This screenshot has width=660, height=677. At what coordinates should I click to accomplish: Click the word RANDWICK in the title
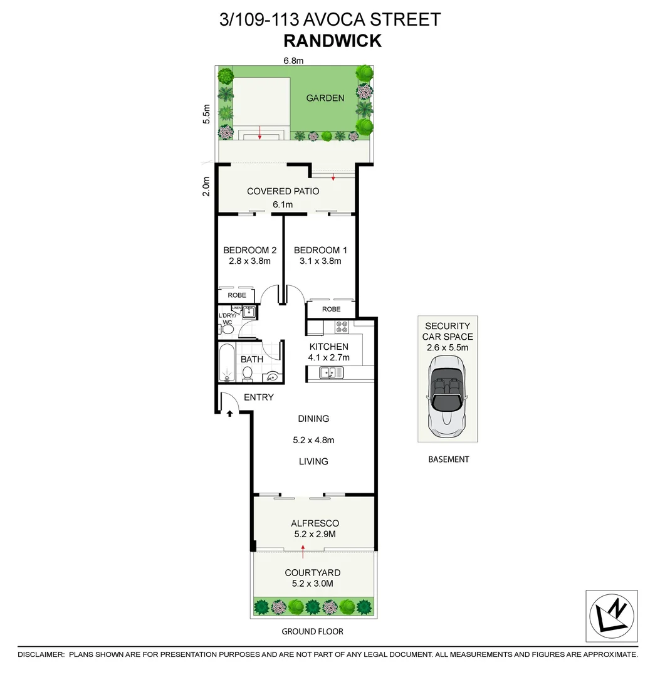tap(332, 41)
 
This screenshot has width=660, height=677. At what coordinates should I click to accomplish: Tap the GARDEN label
tap(325, 98)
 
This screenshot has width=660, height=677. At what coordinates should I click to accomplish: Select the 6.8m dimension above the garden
tap(293, 61)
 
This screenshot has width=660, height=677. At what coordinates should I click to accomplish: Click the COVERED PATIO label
tap(283, 191)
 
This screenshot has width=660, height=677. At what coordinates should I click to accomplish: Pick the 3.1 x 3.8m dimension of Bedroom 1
tap(320, 261)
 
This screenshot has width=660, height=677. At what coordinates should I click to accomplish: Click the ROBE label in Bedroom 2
tap(236, 295)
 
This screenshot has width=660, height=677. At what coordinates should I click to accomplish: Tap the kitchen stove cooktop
tap(342, 327)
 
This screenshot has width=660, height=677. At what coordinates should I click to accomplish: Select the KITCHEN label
tap(329, 347)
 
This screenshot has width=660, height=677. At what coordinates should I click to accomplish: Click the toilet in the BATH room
tap(247, 374)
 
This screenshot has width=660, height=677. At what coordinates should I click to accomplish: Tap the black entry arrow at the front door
tap(229, 412)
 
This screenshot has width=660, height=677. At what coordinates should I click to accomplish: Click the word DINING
tap(313, 419)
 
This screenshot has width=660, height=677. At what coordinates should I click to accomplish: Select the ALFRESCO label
tap(315, 523)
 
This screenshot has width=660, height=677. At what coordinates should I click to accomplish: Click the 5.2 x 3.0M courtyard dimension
tap(313, 584)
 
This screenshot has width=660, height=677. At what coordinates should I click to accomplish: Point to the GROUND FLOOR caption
tap(312, 631)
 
